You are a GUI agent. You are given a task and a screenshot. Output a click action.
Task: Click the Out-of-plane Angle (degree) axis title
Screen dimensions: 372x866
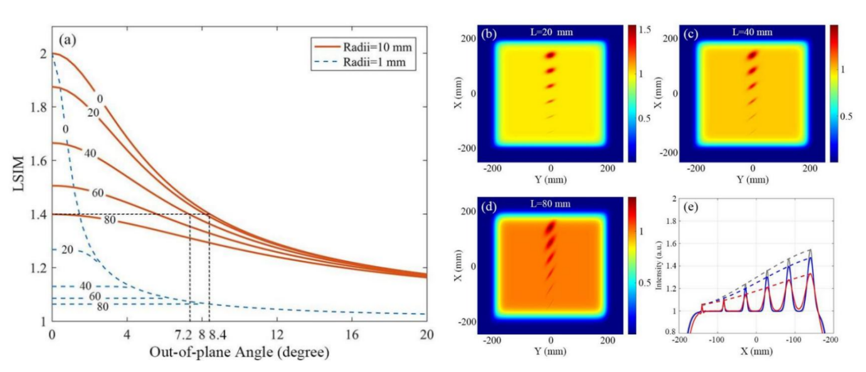[239, 353]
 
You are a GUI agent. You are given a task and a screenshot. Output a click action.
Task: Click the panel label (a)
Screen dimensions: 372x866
[67, 40]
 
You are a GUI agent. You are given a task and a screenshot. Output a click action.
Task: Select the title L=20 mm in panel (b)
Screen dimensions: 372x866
[549, 33]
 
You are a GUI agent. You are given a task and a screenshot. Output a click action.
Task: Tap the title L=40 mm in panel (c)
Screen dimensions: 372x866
[752, 33]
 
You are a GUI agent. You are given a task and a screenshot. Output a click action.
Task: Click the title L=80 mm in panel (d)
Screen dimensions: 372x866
[550, 205]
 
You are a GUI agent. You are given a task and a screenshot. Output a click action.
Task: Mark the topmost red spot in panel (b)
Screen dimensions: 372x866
[551, 55]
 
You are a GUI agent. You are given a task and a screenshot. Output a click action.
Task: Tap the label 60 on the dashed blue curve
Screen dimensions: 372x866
[95, 296]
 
